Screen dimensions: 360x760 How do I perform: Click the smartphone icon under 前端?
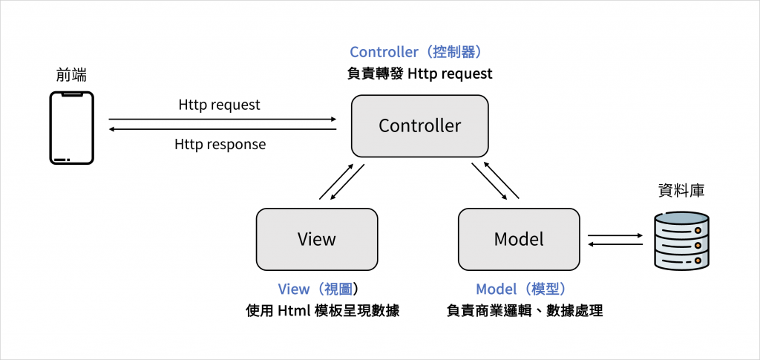pyautogui.click(x=71, y=127)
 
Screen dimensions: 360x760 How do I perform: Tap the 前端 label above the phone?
pyautogui.click(x=72, y=75)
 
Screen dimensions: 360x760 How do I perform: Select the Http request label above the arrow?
pyautogui.click(x=219, y=105)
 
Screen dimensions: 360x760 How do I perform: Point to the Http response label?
pyautogui.click(x=220, y=144)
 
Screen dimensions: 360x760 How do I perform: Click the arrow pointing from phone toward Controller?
pyautogui.click(x=222, y=119)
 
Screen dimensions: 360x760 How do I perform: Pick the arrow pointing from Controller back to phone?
pyautogui.click(x=222, y=130)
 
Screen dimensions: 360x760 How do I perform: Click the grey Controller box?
pyautogui.click(x=419, y=126)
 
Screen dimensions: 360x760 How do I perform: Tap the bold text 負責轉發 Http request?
pyautogui.click(x=419, y=74)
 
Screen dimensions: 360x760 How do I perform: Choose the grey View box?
pyautogui.click(x=316, y=239)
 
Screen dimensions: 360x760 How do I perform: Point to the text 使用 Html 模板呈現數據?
pyautogui.click(x=323, y=311)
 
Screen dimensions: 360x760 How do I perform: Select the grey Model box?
pyautogui.click(x=519, y=239)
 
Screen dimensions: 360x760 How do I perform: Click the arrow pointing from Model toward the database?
pyautogui.click(x=615, y=235)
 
